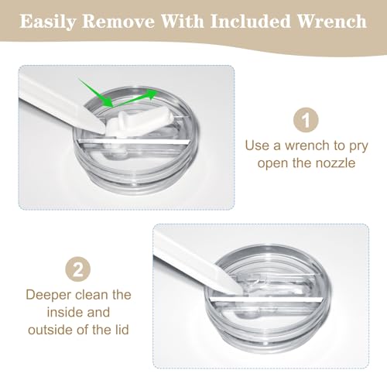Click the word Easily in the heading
47,21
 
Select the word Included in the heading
251,21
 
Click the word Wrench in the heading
332,21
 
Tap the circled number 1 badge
306,120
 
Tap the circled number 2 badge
78,269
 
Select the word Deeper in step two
49,295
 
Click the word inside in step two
63,312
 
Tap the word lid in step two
122,330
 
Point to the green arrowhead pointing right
152,94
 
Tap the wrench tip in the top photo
101,128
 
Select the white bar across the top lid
134,142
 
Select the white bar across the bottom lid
266,300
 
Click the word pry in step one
358,146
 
